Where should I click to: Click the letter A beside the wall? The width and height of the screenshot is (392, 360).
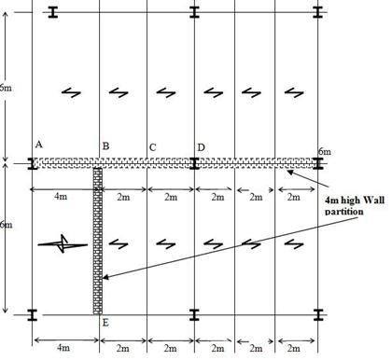coord(38,145)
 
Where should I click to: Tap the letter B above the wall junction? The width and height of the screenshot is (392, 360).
coord(105,146)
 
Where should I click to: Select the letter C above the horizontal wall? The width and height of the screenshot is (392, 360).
coord(152,147)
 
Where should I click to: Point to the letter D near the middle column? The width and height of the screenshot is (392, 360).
coord(201,147)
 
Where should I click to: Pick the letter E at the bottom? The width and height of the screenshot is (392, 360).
coord(105,323)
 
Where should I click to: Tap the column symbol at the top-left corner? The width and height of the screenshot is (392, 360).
coord(53,13)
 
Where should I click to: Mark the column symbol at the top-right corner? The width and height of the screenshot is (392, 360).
coord(318,13)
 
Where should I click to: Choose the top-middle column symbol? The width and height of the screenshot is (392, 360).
coord(194,13)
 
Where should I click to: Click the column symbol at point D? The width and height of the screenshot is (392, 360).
coord(194,163)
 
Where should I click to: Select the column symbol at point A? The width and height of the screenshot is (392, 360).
coord(33,163)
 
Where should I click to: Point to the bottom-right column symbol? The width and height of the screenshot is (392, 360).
coord(318,314)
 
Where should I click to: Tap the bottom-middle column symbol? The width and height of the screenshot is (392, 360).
coord(194,314)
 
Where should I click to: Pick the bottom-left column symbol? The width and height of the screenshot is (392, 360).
coord(33,314)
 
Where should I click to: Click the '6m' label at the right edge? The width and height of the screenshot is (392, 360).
coord(324,151)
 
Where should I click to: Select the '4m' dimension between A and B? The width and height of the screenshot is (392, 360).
coord(61,198)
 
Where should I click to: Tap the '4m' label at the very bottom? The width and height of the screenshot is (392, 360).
coord(63,348)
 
